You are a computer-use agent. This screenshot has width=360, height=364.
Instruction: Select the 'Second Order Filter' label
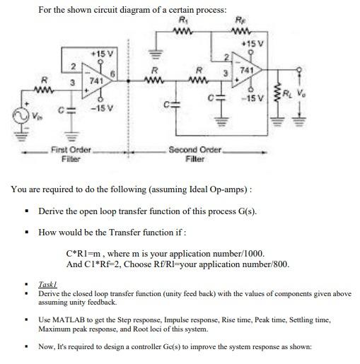195,154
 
